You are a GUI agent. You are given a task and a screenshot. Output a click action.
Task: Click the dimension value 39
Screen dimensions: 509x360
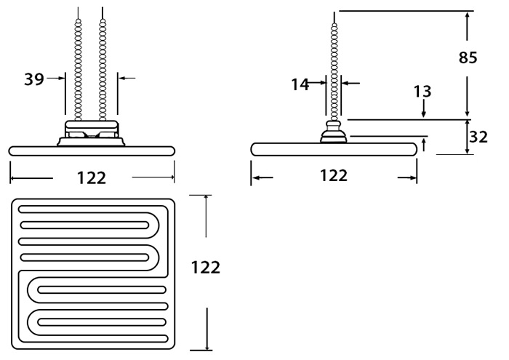pos(34,79)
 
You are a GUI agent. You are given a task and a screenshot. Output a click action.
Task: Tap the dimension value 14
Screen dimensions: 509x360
pos(300,84)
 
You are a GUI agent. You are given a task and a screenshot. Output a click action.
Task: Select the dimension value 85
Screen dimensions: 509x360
pos(468,57)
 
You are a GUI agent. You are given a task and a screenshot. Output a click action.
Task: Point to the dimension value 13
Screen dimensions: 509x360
pos(422,92)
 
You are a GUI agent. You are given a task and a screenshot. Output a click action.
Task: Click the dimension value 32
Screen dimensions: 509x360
pos(478,137)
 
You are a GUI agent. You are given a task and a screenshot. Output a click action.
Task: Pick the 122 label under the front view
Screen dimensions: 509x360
pos(92,178)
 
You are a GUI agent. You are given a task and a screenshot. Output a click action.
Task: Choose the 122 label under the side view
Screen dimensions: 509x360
pos(334,175)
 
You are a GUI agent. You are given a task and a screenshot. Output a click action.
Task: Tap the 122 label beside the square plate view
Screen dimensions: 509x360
pos(206,268)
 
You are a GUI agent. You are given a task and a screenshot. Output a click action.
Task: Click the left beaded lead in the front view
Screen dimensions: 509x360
pos(78,65)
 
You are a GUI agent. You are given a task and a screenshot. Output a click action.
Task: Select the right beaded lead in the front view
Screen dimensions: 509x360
pos(103,65)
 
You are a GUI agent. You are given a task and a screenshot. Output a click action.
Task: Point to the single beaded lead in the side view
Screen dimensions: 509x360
pos(334,67)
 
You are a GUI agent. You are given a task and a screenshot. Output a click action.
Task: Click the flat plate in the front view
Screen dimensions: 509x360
pos(92,151)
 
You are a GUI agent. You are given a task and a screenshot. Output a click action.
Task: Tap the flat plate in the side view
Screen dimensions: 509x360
pos(334,149)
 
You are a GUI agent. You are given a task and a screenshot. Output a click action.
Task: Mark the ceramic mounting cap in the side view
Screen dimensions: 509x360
pos(334,132)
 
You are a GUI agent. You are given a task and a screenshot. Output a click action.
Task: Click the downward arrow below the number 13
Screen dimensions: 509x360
pos(423,109)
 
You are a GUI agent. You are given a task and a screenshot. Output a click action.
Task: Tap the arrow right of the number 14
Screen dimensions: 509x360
pos(350,84)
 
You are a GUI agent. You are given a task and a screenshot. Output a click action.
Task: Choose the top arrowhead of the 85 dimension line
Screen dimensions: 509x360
pos(467,16)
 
